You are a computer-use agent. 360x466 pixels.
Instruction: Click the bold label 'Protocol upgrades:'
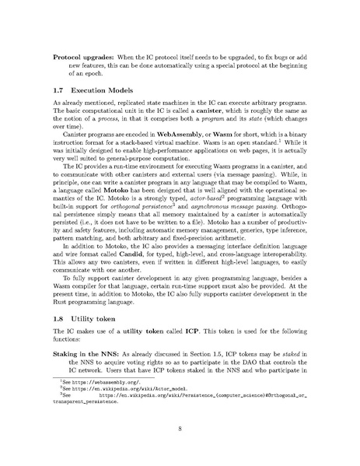pos(82,58)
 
